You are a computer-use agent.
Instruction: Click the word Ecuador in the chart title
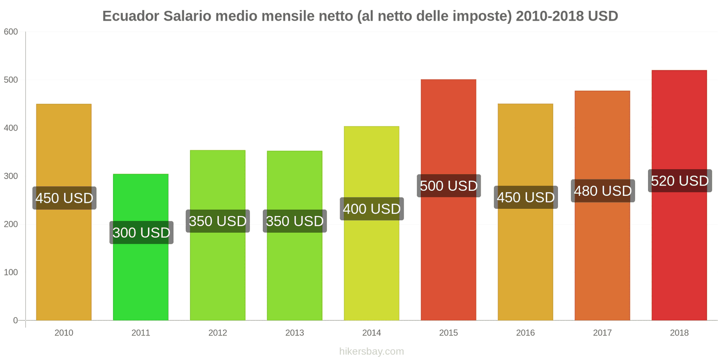click(130, 16)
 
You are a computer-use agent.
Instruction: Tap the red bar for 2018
click(679, 252)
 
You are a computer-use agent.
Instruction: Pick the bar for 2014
click(372, 270)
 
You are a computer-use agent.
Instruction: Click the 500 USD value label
click(449, 186)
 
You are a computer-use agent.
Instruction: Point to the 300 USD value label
click(141, 233)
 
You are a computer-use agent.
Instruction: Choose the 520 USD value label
click(679, 181)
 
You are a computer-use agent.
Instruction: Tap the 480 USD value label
click(603, 191)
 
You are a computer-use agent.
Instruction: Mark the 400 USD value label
click(372, 209)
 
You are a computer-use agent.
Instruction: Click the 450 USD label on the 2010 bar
click(64, 198)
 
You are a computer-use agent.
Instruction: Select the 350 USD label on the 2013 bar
click(295, 221)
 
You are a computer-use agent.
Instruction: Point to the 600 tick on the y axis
click(11, 32)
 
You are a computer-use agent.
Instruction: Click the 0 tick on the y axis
click(15, 320)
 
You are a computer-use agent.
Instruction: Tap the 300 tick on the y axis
click(11, 176)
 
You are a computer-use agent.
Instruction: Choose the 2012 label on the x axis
click(218, 333)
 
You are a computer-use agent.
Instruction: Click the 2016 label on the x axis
click(526, 333)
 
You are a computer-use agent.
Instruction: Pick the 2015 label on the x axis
click(449, 333)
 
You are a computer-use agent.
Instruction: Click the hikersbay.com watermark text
click(372, 351)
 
